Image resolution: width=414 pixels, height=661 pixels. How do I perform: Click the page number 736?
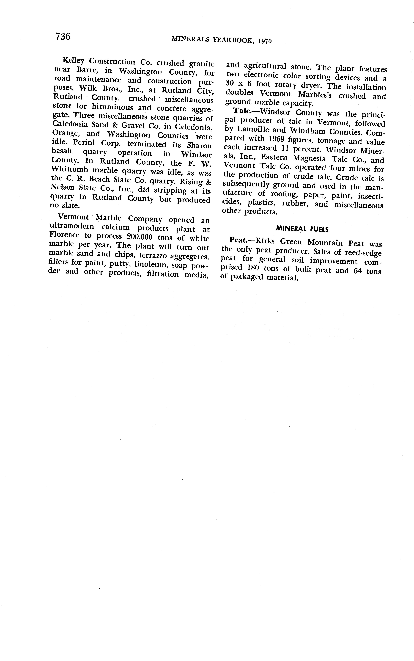point(63,36)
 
